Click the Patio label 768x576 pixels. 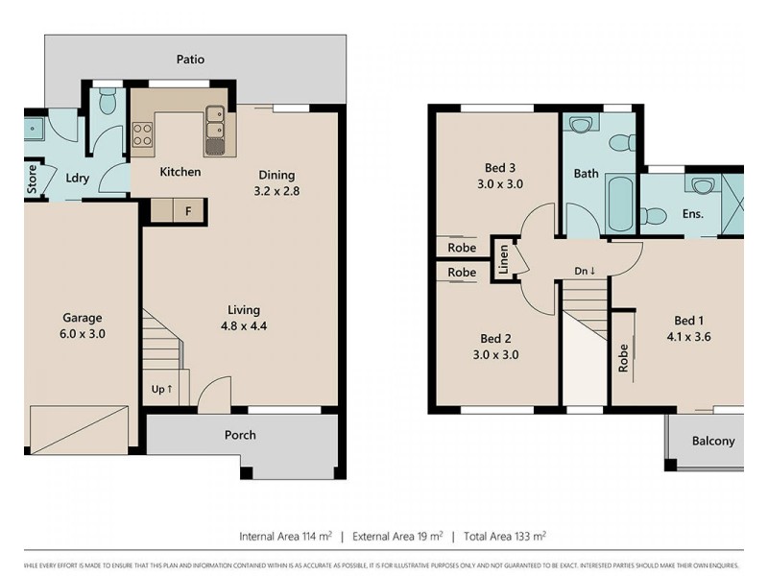(x=190, y=60)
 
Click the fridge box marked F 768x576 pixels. (x=188, y=210)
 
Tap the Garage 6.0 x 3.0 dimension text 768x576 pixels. (x=83, y=326)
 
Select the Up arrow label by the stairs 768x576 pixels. (x=162, y=389)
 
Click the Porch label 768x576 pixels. (x=240, y=435)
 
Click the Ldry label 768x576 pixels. (x=78, y=178)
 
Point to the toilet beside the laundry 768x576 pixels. (x=108, y=100)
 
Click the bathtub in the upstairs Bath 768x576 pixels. (x=620, y=202)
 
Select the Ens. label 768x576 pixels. (x=692, y=214)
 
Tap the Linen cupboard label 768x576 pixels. (x=503, y=260)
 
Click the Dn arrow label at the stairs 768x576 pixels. (x=585, y=271)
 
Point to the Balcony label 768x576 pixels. (x=713, y=442)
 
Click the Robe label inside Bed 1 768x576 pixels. (x=624, y=357)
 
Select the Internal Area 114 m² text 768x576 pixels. (x=285, y=536)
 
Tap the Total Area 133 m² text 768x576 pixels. (x=504, y=536)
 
